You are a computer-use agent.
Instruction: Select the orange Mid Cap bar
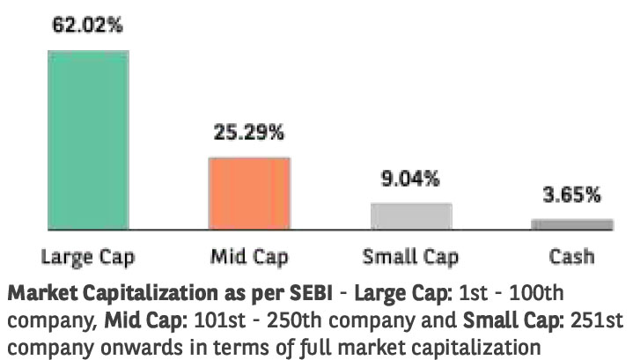[249, 194]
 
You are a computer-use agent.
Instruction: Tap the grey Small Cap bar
[411, 217]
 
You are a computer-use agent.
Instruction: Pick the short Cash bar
[572, 224]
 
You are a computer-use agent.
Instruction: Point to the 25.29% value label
[249, 134]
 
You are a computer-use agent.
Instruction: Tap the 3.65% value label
[572, 195]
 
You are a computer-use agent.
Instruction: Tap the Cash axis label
[572, 257]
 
